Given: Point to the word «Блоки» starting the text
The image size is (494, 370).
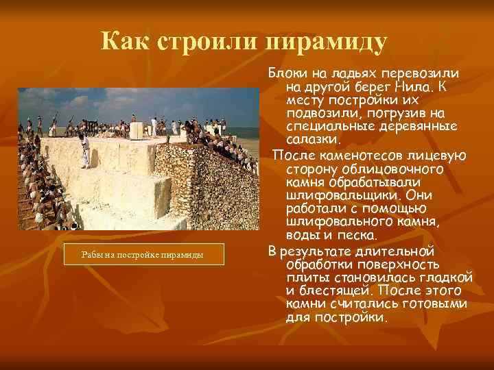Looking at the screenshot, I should click(288, 73).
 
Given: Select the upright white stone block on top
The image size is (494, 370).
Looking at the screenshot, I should click(137, 130).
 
